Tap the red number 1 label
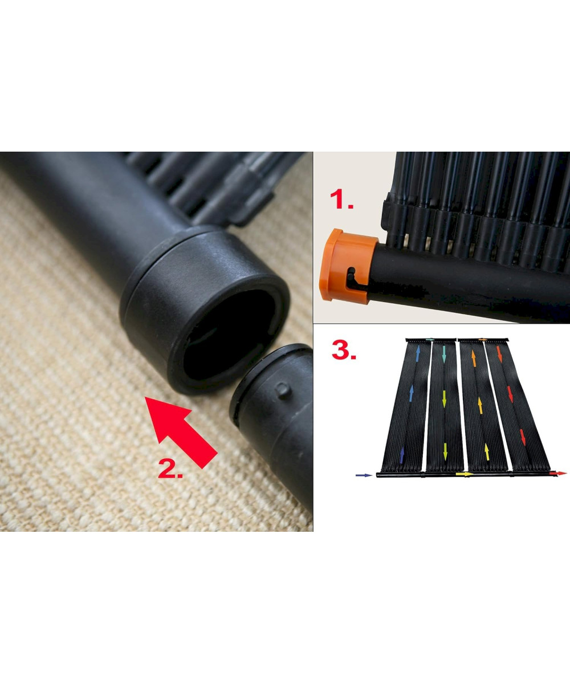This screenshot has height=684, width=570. [341, 200]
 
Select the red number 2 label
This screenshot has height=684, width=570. [170, 468]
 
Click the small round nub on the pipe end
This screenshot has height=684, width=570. [283, 390]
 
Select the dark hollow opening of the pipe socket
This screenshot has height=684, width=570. [229, 334]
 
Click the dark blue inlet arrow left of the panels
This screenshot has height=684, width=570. [364, 475]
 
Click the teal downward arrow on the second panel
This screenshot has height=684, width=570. [443, 354]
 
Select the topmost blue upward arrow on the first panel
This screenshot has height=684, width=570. [418, 354]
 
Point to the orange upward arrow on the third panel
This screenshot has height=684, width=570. [473, 358]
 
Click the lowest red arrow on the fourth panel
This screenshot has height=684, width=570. [523, 437]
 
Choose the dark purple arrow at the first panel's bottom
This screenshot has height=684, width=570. [402, 455]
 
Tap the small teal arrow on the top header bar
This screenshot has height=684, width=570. [430, 339]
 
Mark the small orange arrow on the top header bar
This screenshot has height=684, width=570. [483, 339]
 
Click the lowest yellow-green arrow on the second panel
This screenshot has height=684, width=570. [445, 451]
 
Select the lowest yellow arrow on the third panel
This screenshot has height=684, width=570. [487, 452]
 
